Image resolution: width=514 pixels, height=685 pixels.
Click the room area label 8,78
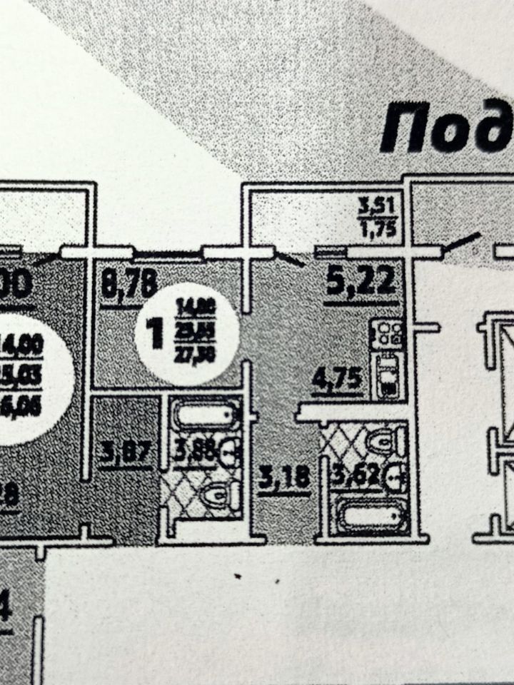point(129,286)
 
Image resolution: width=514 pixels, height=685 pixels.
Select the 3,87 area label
point(126,453)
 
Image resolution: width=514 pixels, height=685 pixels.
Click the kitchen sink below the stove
point(386,378)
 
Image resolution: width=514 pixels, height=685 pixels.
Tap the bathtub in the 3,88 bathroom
point(204,415)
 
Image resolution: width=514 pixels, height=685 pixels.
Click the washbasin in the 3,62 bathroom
point(394,472)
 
